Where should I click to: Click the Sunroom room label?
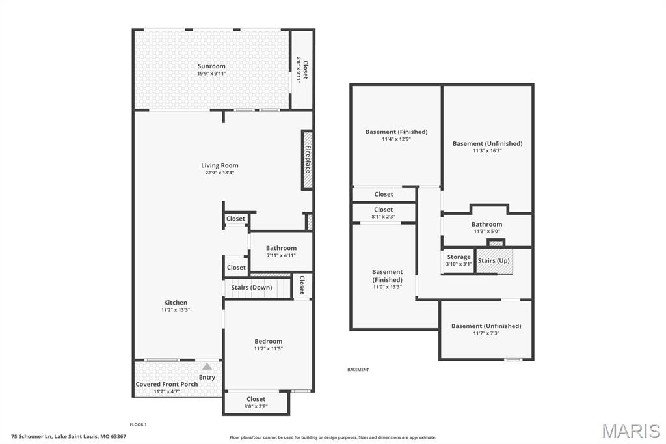(211, 66)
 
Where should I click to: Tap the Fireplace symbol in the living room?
(307, 160)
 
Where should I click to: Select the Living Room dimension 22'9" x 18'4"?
(219, 173)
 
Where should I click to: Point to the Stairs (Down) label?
(252, 287)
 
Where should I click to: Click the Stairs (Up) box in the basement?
(494, 260)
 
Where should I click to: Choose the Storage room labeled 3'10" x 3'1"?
(459, 260)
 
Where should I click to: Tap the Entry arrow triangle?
(207, 367)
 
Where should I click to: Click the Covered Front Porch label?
(166, 384)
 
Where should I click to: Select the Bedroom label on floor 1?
(268, 341)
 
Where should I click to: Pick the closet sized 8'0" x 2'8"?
(256, 402)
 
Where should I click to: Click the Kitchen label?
(175, 303)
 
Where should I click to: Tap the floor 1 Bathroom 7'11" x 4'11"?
(281, 251)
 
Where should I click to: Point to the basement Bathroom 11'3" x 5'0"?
(486, 227)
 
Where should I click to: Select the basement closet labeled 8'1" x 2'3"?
(383, 213)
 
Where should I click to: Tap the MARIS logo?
(630, 431)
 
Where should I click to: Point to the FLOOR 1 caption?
(139, 424)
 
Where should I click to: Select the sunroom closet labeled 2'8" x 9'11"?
(302, 70)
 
